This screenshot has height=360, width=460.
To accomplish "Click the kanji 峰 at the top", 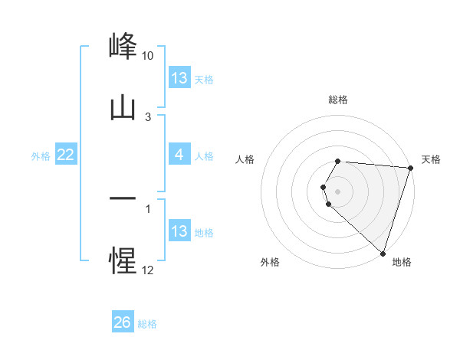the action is (123, 45).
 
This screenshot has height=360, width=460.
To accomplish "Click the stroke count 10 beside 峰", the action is (148, 56).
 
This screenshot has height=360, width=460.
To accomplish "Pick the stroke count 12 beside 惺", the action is (148, 270).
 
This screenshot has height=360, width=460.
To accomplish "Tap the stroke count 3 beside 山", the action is (148, 117).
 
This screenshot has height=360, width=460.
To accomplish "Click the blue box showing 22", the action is (66, 155).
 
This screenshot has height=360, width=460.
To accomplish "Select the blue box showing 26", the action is (123, 322).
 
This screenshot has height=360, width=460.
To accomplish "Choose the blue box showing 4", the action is (179, 155).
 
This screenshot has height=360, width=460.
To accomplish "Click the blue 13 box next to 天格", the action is (179, 78).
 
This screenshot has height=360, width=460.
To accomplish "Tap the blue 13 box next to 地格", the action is (179, 231).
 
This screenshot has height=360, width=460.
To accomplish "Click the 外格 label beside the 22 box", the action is (41, 156).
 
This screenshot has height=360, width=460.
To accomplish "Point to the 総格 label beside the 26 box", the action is (147, 324).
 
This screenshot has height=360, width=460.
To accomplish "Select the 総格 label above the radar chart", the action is (338, 100).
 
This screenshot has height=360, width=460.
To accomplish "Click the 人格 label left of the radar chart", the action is (245, 159).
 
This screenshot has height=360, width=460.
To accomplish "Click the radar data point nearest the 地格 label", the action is (383, 253).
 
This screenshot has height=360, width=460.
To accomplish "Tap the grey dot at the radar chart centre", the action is (338, 191).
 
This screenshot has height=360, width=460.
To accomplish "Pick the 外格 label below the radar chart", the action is (270, 262).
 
